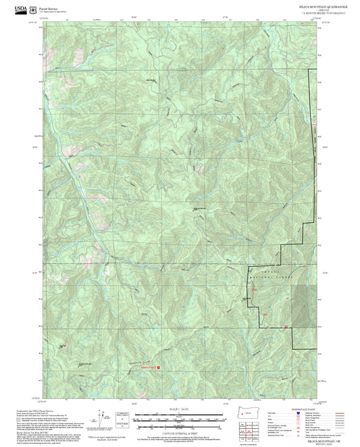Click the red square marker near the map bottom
pyautogui.click(x=159, y=368)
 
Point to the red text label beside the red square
pyautogui.click(x=147, y=368)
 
